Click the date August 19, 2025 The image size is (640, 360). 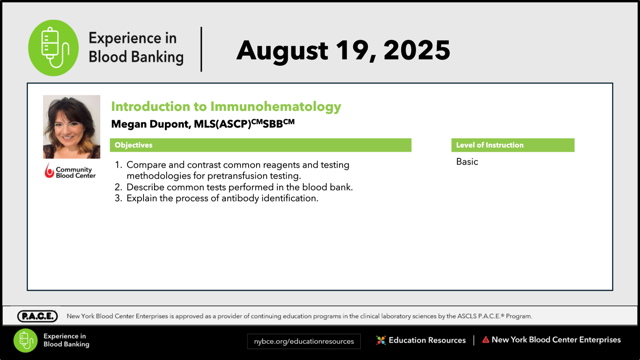343,51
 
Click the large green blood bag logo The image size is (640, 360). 53,48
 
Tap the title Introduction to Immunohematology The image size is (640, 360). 226,107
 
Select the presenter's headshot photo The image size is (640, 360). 72,127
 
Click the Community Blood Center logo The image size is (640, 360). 70,171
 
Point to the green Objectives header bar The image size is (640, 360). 260,145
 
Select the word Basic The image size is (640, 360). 467,162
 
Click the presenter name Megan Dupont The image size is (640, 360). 150,124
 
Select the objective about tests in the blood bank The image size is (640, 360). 240,187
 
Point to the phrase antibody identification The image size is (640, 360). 270,198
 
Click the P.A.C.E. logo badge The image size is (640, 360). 37,316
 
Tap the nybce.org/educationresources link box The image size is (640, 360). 304,341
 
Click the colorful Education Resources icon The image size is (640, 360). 381,340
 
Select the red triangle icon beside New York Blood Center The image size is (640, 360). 486,340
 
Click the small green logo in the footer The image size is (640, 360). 25,340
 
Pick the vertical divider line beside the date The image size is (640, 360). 202,49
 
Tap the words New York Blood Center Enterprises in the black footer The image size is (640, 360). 556,340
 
